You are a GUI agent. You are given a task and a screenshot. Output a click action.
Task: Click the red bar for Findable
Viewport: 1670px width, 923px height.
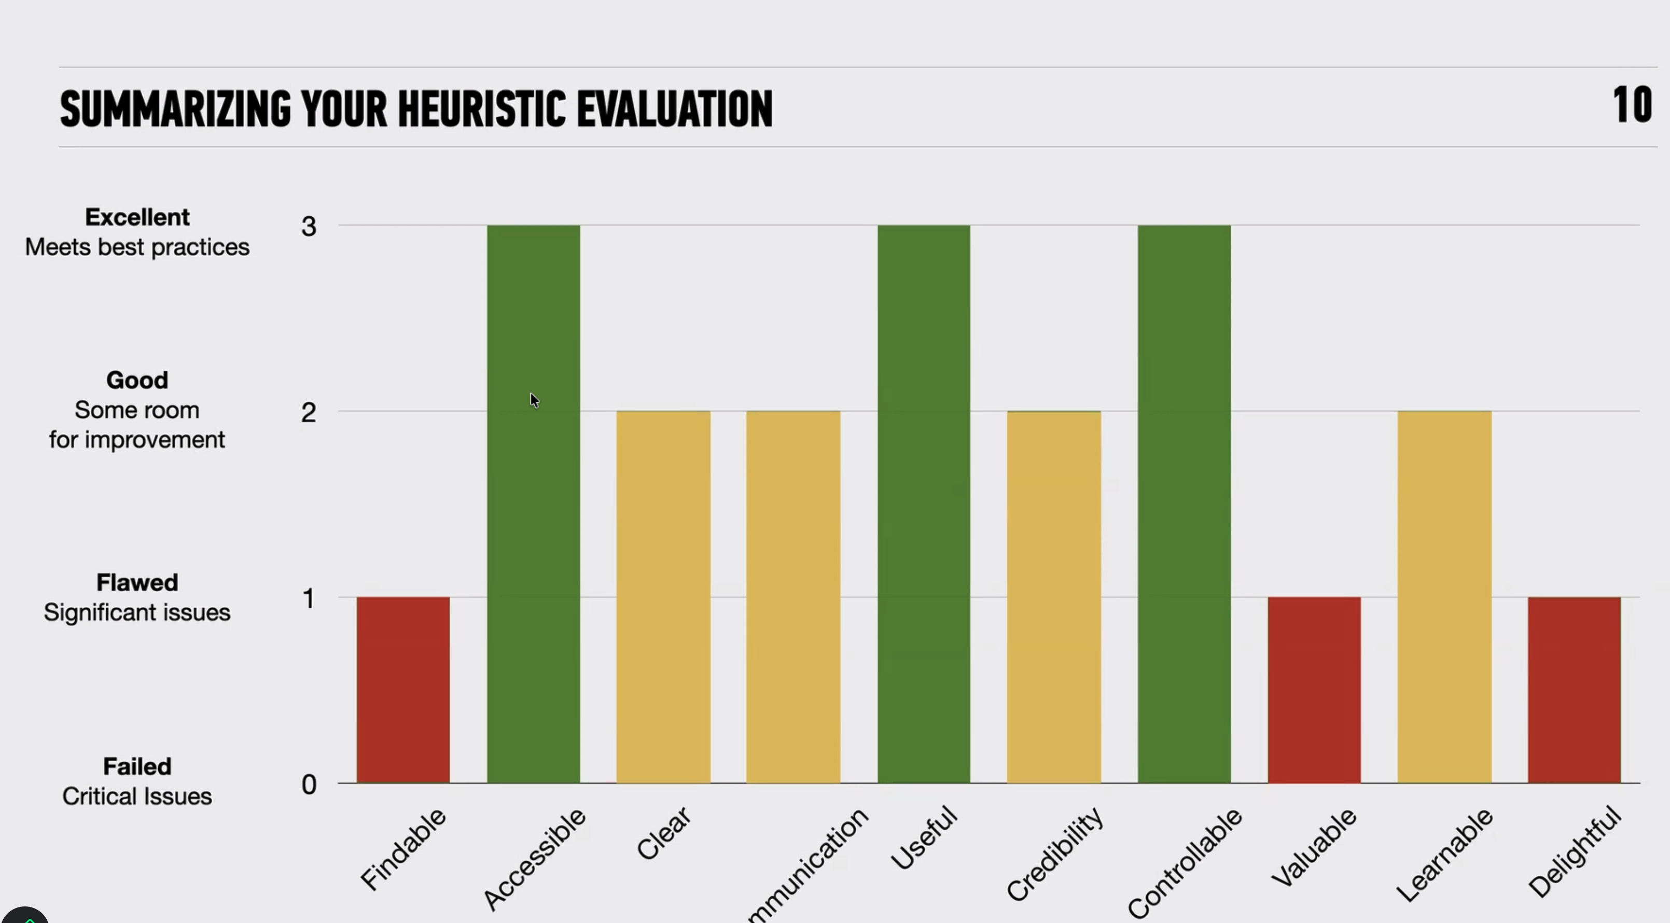tap(402, 690)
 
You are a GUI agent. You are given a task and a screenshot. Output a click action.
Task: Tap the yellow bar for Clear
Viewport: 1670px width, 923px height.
tap(663, 597)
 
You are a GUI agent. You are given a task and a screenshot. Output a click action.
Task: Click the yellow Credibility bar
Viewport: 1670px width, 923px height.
tap(1053, 597)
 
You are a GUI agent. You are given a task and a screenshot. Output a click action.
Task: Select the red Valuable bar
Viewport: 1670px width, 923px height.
tap(1314, 690)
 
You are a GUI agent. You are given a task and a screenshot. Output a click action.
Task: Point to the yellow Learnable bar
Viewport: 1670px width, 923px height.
tap(1444, 597)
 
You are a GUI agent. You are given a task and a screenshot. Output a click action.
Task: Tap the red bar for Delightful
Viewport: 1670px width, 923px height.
tap(1574, 690)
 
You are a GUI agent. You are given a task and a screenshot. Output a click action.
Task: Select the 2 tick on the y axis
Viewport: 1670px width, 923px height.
tap(309, 413)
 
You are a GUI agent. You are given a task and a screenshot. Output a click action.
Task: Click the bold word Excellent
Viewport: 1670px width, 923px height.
tap(137, 217)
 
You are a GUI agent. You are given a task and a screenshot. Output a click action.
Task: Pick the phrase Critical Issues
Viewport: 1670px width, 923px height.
tap(137, 796)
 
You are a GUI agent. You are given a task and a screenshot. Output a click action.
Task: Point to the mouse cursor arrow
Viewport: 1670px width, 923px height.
tap(534, 400)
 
